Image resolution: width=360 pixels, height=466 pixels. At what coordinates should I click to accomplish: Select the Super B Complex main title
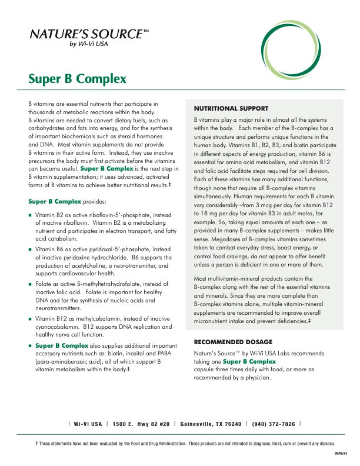pos(77,79)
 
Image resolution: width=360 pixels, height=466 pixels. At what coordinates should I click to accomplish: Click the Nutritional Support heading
pos(231,109)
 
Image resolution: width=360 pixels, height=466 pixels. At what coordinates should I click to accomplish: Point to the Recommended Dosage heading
pos(232,342)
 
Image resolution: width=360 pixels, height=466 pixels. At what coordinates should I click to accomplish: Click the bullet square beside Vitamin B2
pos(30,216)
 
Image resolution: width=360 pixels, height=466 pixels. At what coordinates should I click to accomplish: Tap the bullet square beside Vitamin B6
pos(30,249)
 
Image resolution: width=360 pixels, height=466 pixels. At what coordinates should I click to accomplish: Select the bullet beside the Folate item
pos(30,284)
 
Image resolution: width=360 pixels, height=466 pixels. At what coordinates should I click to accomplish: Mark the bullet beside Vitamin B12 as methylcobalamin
pos(30,318)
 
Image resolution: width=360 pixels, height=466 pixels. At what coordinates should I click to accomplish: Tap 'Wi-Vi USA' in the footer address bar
pos(88,424)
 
